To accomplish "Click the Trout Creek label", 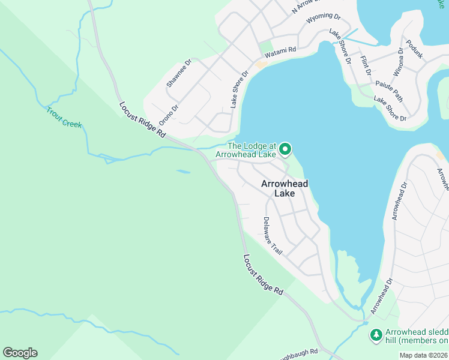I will pyautogui.click(x=64, y=117).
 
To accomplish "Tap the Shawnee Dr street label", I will pyautogui.click(x=179, y=73).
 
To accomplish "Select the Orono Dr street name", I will pyautogui.click(x=169, y=115).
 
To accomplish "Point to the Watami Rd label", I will pyautogui.click(x=285, y=52).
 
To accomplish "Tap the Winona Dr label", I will pyautogui.click(x=399, y=62).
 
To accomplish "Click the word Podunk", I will pyautogui.click(x=414, y=49).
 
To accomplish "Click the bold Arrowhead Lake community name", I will pyautogui.click(x=285, y=189).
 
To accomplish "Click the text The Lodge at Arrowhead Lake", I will pyautogui.click(x=252, y=150).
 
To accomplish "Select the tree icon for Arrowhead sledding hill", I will pyautogui.click(x=376, y=335).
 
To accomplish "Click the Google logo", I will pyautogui.click(x=20, y=353).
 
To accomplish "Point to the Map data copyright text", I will pyautogui.click(x=424, y=355).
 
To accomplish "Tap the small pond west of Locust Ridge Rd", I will pyautogui.click(x=184, y=172).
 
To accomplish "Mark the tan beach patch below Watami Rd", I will pyautogui.click(x=261, y=65).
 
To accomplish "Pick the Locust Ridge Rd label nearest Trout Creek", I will pyautogui.click(x=142, y=119).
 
